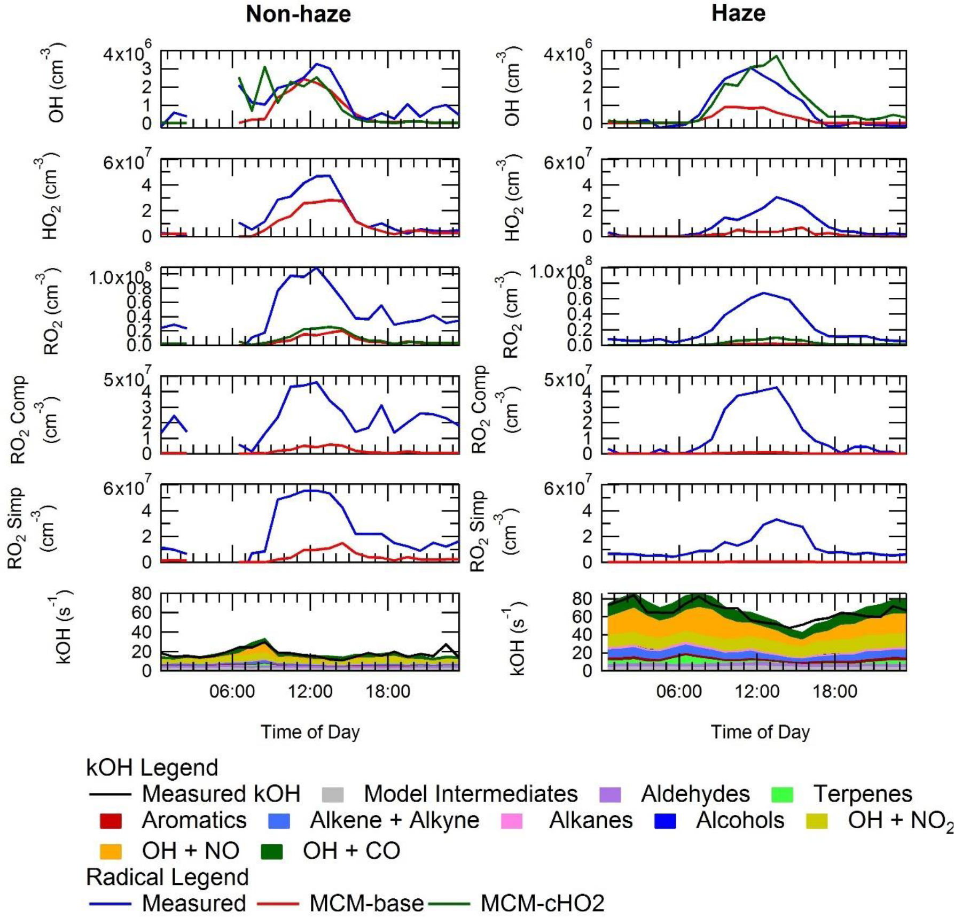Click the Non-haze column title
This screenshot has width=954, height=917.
click(x=298, y=14)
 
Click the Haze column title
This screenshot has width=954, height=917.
click(x=738, y=13)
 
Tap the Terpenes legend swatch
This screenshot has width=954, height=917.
click(x=783, y=795)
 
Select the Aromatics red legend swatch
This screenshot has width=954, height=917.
click(x=111, y=821)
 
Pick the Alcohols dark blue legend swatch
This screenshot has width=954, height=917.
click(x=665, y=821)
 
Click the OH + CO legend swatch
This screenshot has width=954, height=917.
click(x=271, y=851)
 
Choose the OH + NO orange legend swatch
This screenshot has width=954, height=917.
click(x=111, y=851)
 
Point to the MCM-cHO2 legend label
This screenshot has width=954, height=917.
click(x=542, y=903)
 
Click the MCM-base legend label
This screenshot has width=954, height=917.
click(x=366, y=903)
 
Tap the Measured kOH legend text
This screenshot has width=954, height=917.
click(x=221, y=794)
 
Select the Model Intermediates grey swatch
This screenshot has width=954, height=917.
click(x=333, y=795)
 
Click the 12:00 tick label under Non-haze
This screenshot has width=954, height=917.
click(x=310, y=691)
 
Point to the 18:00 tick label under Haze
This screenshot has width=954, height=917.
click(x=835, y=691)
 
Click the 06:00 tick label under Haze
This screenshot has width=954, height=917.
click(x=678, y=691)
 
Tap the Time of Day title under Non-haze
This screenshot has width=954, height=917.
click(x=310, y=731)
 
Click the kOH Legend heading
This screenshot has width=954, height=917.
click(x=152, y=768)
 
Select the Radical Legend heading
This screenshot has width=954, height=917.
click(x=167, y=877)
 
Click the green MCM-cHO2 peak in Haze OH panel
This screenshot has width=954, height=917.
click(x=776, y=56)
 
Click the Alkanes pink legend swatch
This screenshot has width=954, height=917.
click(x=512, y=821)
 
